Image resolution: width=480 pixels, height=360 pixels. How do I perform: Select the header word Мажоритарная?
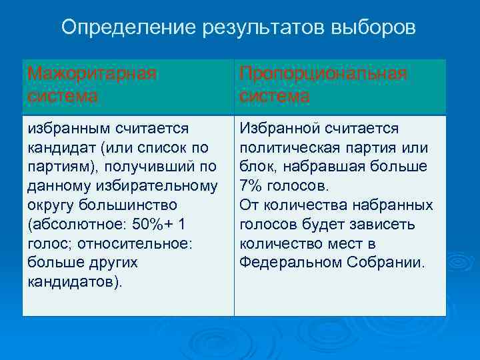point(93,73)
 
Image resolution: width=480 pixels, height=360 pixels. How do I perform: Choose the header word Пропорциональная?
point(323,73)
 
